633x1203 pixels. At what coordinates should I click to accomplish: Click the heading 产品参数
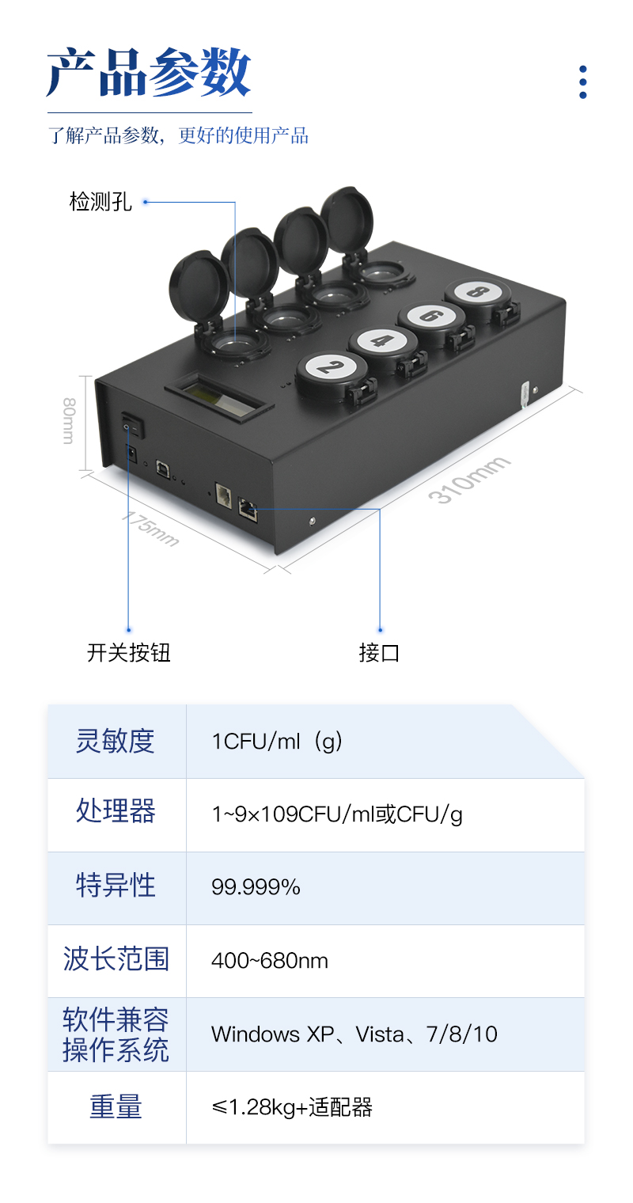click(149, 73)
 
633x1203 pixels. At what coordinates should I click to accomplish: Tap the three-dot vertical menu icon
click(583, 82)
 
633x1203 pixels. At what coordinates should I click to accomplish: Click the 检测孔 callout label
click(100, 203)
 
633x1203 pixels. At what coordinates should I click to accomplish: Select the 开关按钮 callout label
click(128, 653)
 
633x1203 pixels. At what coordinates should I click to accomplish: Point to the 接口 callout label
click(380, 653)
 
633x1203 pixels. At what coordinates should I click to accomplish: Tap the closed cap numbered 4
click(382, 341)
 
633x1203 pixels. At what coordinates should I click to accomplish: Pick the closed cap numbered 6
click(430, 315)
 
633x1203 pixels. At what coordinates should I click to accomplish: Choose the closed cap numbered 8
click(476, 291)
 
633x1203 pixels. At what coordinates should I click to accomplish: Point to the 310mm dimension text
click(468, 480)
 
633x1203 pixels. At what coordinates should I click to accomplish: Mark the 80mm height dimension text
click(69, 419)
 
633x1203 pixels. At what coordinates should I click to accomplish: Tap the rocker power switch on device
click(132, 427)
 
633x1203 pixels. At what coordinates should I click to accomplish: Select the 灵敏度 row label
click(116, 742)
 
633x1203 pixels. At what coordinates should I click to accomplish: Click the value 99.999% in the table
click(256, 888)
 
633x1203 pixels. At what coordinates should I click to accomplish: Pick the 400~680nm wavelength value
click(269, 962)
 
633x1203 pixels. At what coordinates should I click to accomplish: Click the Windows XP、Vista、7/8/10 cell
click(354, 1034)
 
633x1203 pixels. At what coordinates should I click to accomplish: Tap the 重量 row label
click(116, 1107)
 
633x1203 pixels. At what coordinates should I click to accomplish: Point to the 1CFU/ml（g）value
click(277, 742)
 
